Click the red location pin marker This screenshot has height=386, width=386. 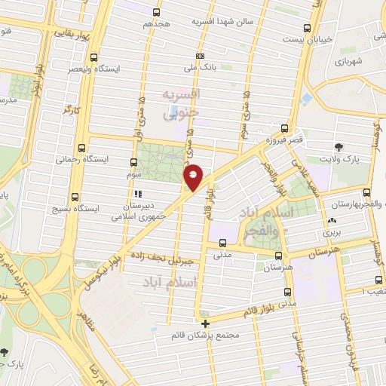click(194, 176)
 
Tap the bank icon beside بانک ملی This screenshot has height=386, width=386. click(200, 56)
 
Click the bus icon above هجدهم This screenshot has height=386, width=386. click(157, 12)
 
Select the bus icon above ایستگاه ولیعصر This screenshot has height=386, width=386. click(94, 57)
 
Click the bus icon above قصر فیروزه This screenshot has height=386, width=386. click(284, 128)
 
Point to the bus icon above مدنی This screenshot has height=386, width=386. click(222, 243)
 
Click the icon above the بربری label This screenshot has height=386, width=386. click(332, 221)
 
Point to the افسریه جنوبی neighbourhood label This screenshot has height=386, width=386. click(181, 102)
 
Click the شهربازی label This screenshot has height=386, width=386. click(348, 60)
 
